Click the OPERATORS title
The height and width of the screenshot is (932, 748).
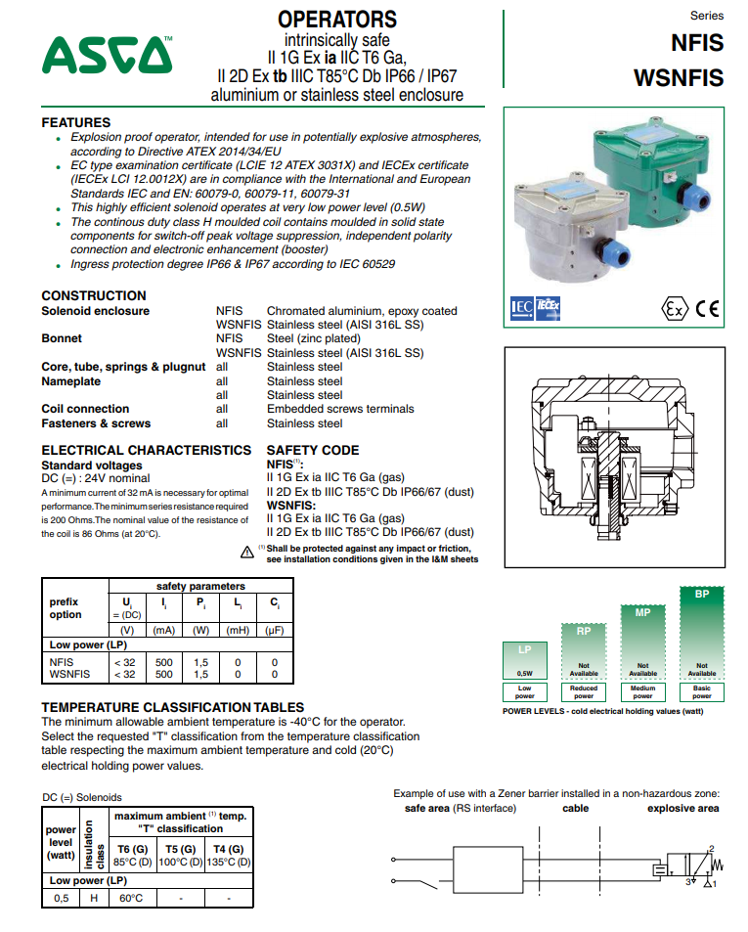tap(336, 19)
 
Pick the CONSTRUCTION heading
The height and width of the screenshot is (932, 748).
tap(94, 295)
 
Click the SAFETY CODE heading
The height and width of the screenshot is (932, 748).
tap(313, 450)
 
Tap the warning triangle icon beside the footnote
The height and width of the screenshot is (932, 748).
tap(247, 553)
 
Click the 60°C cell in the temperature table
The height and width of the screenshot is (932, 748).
tap(131, 898)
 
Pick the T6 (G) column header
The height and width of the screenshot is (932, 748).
tap(131, 849)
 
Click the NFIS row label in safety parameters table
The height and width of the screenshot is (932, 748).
tap(62, 662)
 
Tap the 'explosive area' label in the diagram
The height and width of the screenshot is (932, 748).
tap(682, 809)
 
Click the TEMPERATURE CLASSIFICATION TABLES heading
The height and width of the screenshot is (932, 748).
tap(172, 707)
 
